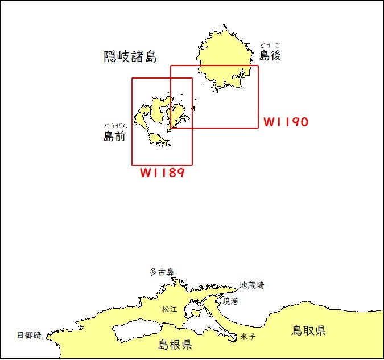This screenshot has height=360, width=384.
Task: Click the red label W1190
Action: pyautogui.click(x=286, y=122)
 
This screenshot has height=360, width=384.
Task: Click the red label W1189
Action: pyautogui.click(x=162, y=173)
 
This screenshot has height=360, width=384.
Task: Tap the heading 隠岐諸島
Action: pyautogui.click(x=130, y=56)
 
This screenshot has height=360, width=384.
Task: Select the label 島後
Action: pyautogui.click(x=270, y=55)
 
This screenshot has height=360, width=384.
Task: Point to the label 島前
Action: pyautogui.click(x=114, y=136)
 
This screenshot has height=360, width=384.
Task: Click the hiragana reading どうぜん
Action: pyautogui.click(x=115, y=126)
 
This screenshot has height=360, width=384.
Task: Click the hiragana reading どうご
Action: pyautogui.click(x=270, y=45)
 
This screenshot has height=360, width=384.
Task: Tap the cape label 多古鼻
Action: pyautogui.click(x=162, y=272)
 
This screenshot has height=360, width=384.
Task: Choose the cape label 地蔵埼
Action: pyautogui.click(x=252, y=285)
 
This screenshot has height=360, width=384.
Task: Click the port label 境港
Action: pyautogui.click(x=230, y=301)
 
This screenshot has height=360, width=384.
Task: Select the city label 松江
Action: pyautogui.click(x=170, y=309)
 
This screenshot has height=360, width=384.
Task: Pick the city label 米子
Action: pyautogui.click(x=248, y=337)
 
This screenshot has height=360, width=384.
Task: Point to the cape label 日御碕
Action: pyautogui.click(x=29, y=336)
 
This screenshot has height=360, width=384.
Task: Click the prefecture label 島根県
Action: pyautogui.click(x=175, y=344)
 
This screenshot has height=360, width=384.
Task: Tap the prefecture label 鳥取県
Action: pyautogui.click(x=308, y=330)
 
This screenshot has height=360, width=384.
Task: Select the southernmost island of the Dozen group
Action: pyautogui.click(x=159, y=140)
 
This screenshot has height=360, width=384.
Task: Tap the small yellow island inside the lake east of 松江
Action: pyautogui.click(x=196, y=313)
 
